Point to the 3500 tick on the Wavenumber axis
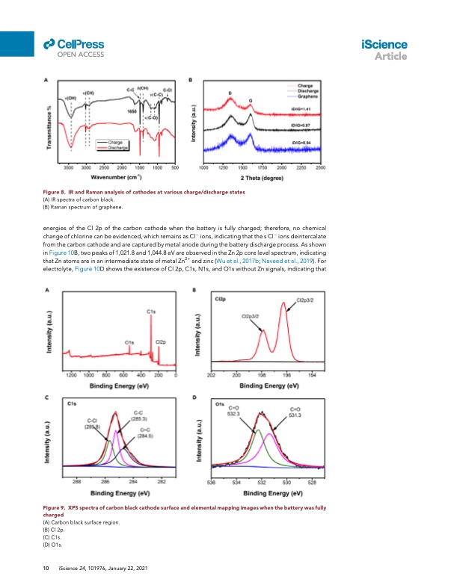(x=68, y=169)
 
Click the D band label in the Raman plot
(x=230, y=94)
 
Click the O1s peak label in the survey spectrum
(x=129, y=342)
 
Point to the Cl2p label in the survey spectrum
(x=160, y=342)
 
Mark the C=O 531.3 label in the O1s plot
(x=295, y=412)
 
